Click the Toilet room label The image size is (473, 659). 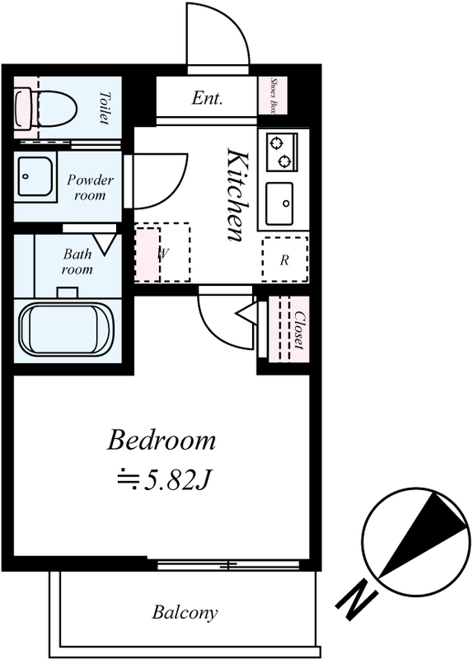[104, 108]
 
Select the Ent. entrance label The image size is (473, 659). [207, 98]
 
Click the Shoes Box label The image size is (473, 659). [273, 96]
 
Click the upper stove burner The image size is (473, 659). [276, 143]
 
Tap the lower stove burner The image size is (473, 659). [285, 160]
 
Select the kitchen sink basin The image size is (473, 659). [279, 203]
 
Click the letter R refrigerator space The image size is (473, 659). [284, 260]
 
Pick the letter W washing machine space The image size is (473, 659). [163, 253]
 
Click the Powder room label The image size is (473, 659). [90, 188]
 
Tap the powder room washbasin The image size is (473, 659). [35, 177]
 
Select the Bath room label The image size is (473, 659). [77, 261]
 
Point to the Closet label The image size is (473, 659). [299, 329]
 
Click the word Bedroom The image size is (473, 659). [162, 440]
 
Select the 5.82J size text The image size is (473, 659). [177, 482]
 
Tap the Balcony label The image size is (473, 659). [185, 612]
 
